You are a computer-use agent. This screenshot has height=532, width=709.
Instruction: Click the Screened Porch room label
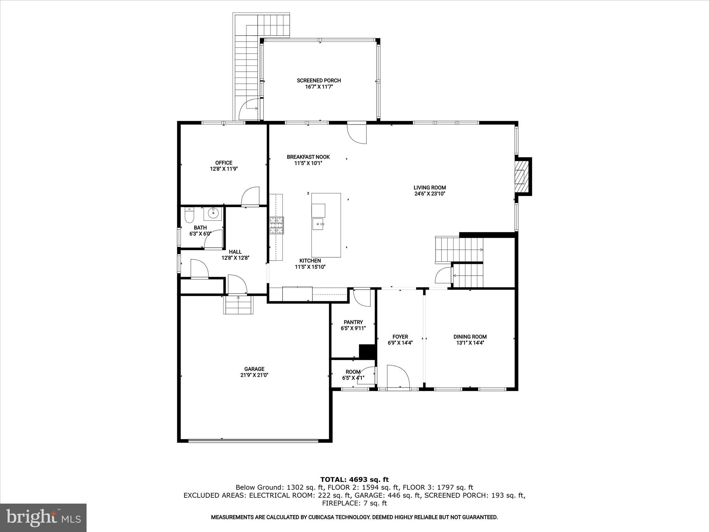(x=319, y=80)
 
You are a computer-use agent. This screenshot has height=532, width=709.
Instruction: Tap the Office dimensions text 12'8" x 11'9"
(x=224, y=169)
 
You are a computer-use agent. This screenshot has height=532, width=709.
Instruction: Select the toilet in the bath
(x=189, y=216)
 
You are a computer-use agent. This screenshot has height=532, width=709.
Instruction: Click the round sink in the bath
(x=212, y=213)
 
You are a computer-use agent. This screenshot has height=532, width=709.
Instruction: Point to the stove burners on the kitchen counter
(x=277, y=225)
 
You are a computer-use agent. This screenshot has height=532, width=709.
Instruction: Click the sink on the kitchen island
(x=318, y=224)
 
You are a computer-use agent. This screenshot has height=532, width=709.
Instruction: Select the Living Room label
(x=430, y=188)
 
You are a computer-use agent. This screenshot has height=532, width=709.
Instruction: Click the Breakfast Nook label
(x=308, y=157)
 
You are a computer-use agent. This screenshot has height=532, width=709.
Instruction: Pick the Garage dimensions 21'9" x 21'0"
(x=254, y=375)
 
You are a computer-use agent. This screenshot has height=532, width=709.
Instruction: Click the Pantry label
(x=353, y=322)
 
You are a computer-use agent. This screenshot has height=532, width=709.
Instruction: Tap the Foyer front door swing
(x=398, y=377)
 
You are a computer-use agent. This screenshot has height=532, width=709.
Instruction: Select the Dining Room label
(x=470, y=337)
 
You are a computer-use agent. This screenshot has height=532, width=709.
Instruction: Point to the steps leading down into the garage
(x=238, y=305)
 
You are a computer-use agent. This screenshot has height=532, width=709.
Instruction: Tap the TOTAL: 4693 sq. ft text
(x=354, y=480)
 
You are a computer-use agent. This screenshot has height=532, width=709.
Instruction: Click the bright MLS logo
(x=43, y=518)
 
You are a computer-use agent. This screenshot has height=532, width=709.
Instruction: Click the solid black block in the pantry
(x=368, y=352)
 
